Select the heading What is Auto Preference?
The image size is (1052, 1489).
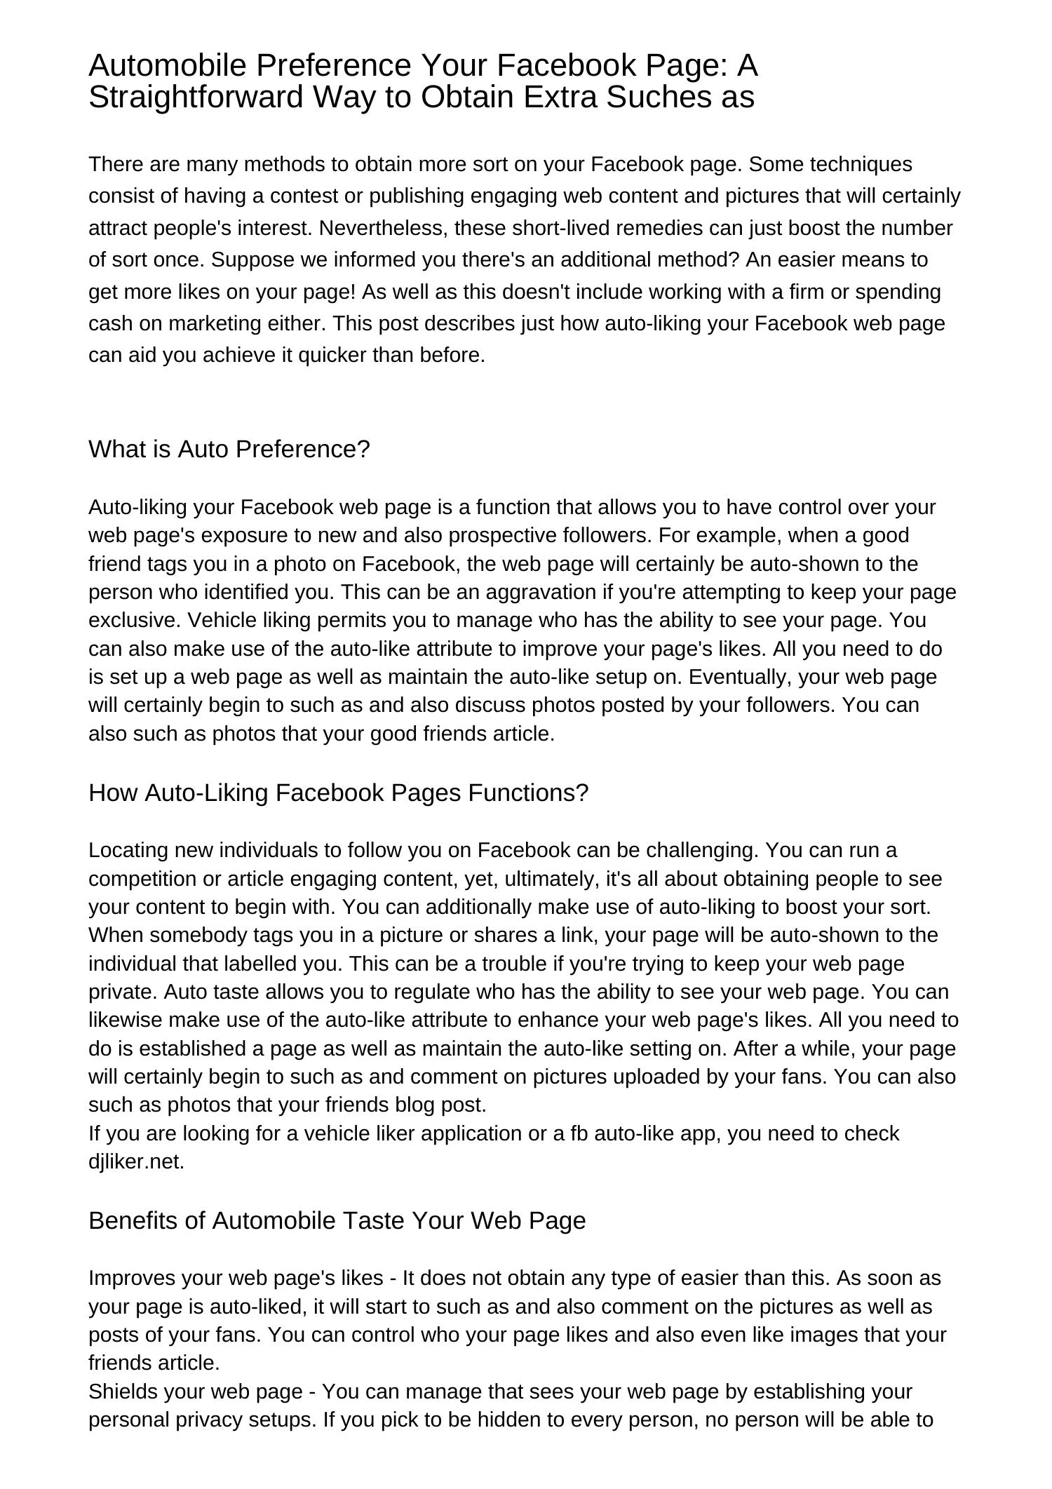coord(229,449)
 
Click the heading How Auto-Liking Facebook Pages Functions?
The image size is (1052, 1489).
coord(338,793)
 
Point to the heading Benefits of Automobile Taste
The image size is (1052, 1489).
coord(337,1220)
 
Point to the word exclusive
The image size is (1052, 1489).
coord(133,620)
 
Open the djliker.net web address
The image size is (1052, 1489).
coord(136,1161)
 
